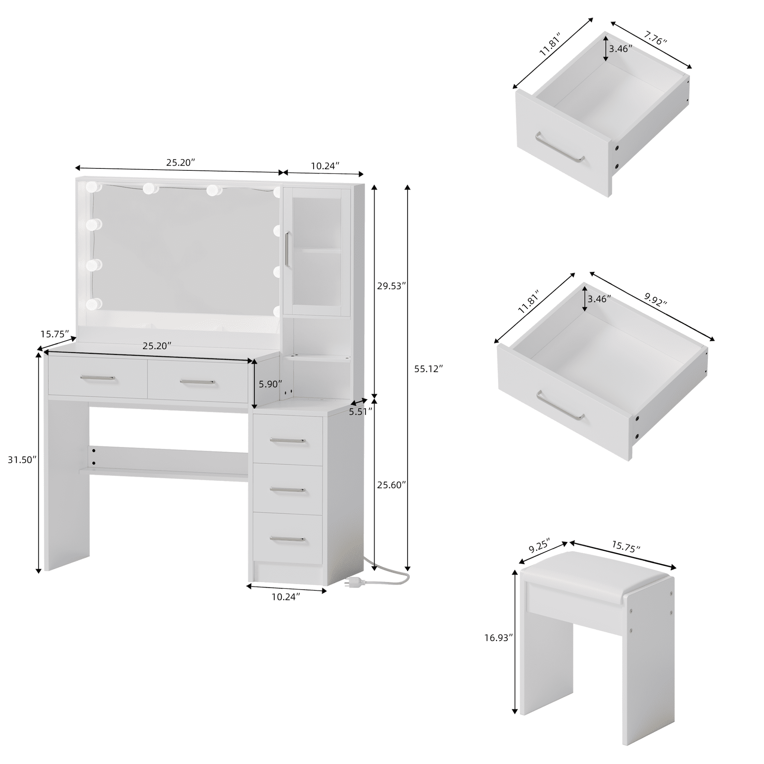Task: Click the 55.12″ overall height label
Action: [x=428, y=369]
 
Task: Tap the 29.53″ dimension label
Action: [x=391, y=286]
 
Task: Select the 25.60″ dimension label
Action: [x=391, y=485]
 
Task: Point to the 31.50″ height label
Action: [x=22, y=459]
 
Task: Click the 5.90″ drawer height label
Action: [x=271, y=384]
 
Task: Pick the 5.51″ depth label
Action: [x=361, y=412]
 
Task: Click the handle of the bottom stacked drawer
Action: [x=287, y=539]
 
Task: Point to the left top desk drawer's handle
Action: [x=97, y=378]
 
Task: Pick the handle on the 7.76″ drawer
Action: [x=559, y=148]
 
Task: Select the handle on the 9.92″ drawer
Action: [x=560, y=404]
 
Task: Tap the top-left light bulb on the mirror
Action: [x=93, y=186]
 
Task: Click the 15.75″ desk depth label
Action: [x=55, y=334]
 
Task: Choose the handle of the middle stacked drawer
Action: [x=287, y=490]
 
